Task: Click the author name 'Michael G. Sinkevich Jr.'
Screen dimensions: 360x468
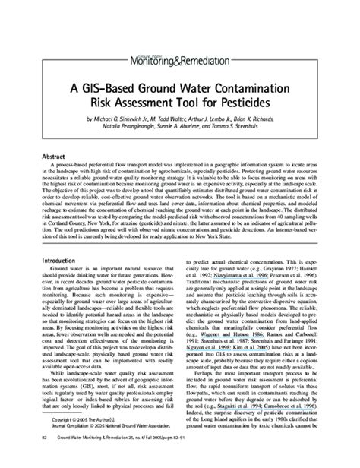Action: (x=117, y=119)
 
